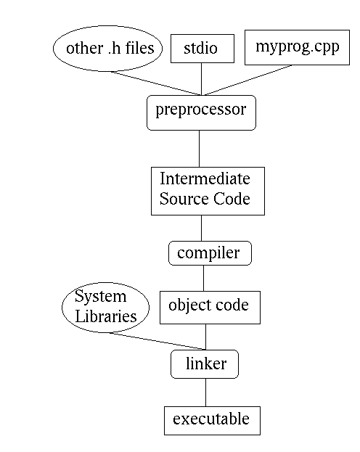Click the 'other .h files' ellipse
coord(107,49)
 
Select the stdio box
coord(202,49)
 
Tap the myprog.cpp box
coord(297,47)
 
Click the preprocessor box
coord(201,112)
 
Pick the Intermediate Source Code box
coord(208,191)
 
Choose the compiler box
coord(210,253)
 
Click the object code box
coord(210,308)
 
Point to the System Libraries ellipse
coord(105,308)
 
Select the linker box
coord(205,364)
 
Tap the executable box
coord(212,421)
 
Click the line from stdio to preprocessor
coord(201,79)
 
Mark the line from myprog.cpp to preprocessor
coord(247,80)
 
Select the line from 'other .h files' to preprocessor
coord(156,83)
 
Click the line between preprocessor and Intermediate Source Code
coord(199,149)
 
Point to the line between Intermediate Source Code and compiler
coord(201,229)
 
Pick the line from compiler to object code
coord(204,278)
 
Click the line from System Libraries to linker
coord(157,341)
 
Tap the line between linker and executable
coord(205,393)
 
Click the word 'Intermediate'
coord(205,178)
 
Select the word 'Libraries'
coord(106,316)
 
